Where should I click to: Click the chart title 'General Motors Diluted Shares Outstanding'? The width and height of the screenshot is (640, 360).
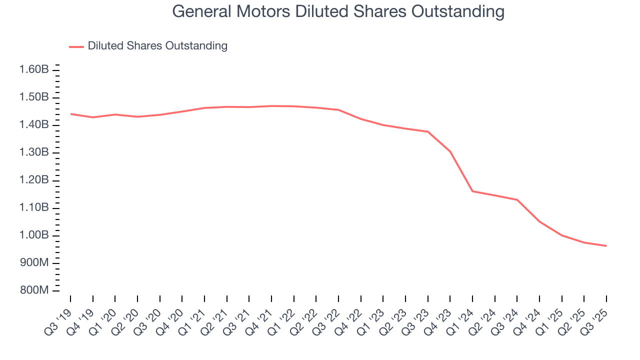pyautogui.click(x=338, y=11)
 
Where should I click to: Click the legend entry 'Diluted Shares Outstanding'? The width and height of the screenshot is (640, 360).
pyautogui.click(x=157, y=46)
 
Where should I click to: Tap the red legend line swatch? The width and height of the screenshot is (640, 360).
pyautogui.click(x=76, y=46)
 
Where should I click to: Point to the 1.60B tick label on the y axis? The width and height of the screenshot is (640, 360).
pyautogui.click(x=34, y=69)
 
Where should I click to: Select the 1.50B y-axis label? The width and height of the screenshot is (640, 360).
pyautogui.click(x=34, y=97)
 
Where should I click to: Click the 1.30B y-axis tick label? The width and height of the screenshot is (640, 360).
pyautogui.click(x=34, y=152)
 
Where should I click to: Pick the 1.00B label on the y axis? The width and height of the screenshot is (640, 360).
pyautogui.click(x=34, y=235)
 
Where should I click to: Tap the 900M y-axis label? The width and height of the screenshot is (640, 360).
pyautogui.click(x=34, y=263)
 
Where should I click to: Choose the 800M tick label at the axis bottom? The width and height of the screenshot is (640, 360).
pyautogui.click(x=34, y=291)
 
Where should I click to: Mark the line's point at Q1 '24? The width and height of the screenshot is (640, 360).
pyautogui.click(x=472, y=191)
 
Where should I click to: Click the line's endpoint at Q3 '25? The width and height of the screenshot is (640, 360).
pyautogui.click(x=606, y=246)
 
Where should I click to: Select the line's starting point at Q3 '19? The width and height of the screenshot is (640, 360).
pyautogui.click(x=70, y=114)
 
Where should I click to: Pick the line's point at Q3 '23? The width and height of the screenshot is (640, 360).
pyautogui.click(x=428, y=131)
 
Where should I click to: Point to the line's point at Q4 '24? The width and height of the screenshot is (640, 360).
pyautogui.click(x=539, y=221)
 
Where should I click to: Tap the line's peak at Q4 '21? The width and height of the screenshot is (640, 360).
pyautogui.click(x=271, y=106)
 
